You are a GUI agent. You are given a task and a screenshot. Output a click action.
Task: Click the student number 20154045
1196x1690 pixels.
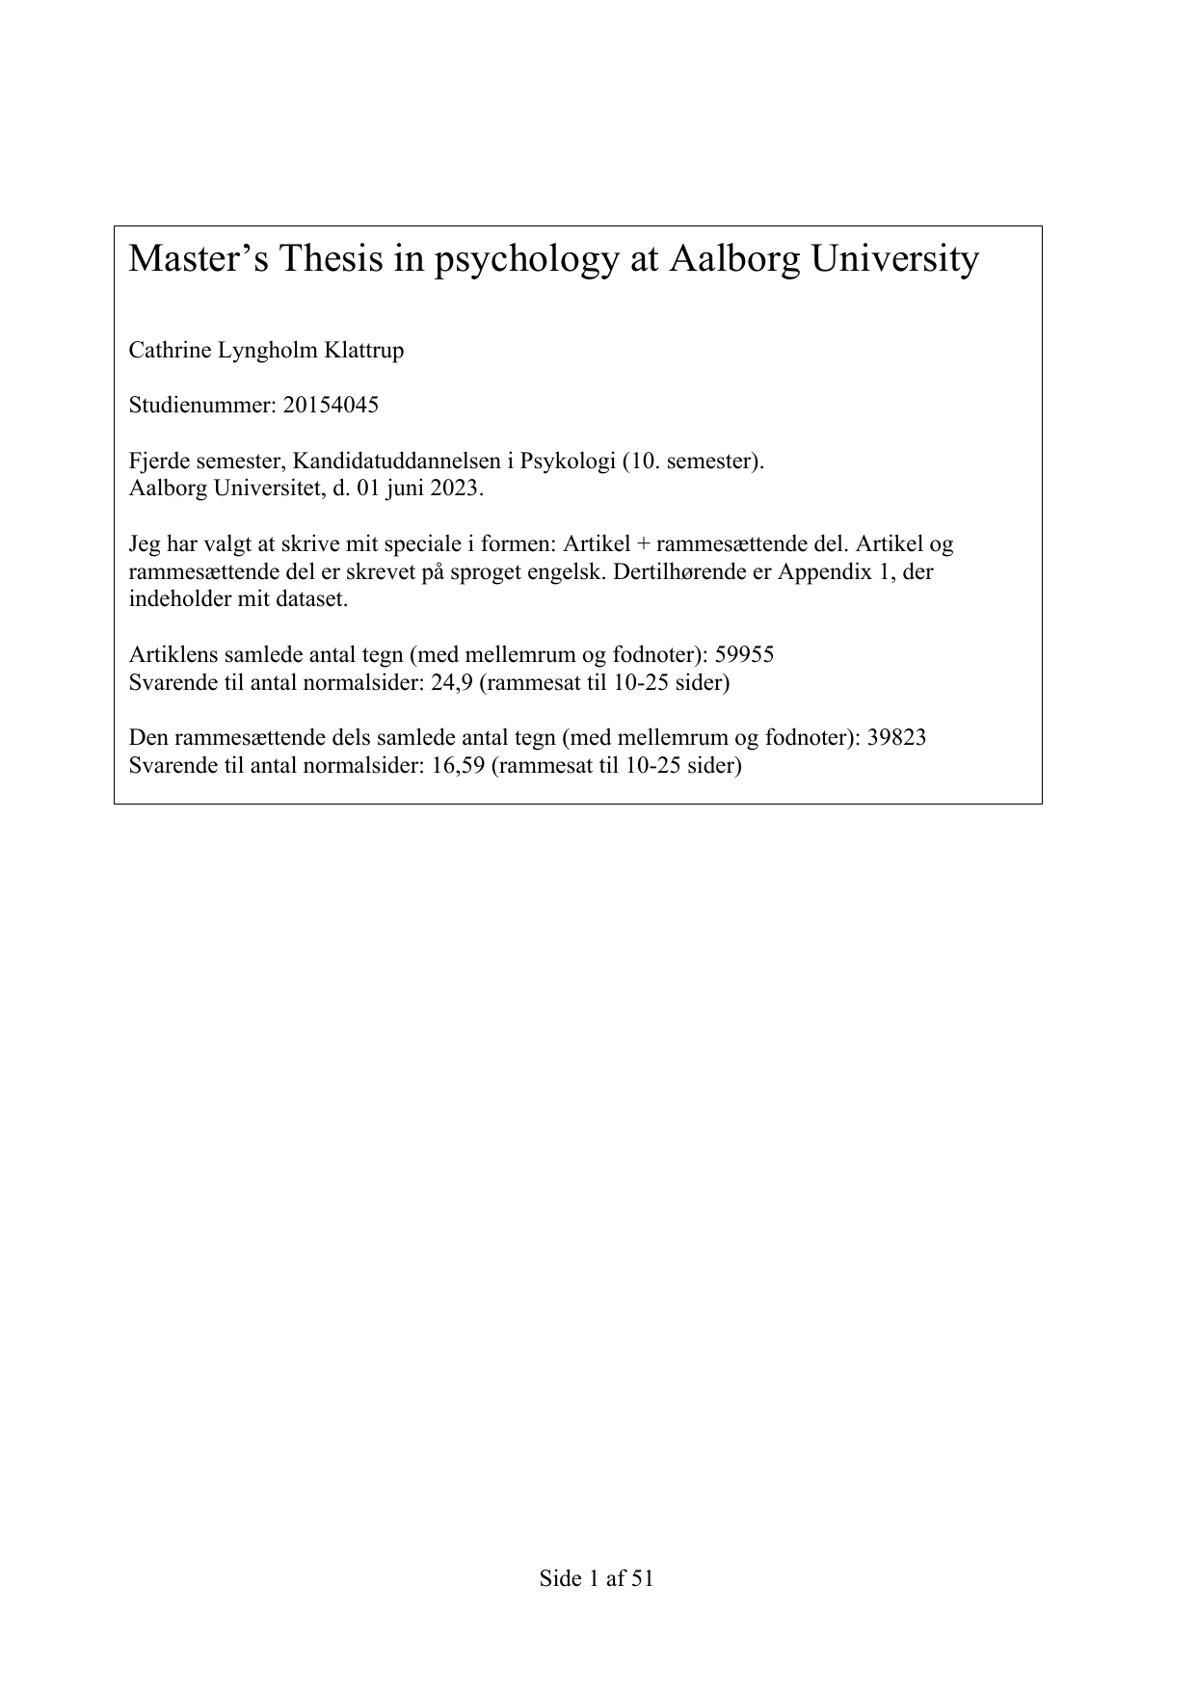pos(331,405)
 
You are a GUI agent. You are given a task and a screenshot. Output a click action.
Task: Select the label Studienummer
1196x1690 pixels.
pos(201,405)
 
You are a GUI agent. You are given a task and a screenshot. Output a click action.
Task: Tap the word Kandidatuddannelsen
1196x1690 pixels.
pos(404,461)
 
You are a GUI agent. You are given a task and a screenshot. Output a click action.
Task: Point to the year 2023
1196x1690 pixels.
pos(453,488)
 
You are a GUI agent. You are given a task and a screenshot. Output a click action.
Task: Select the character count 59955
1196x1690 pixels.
pos(744,655)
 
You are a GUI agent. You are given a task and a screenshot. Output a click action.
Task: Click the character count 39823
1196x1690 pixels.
pos(896,738)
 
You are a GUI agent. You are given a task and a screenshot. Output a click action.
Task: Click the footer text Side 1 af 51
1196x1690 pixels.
pos(597,1578)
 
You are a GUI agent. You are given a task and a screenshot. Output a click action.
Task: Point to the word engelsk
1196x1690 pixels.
pos(552,571)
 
